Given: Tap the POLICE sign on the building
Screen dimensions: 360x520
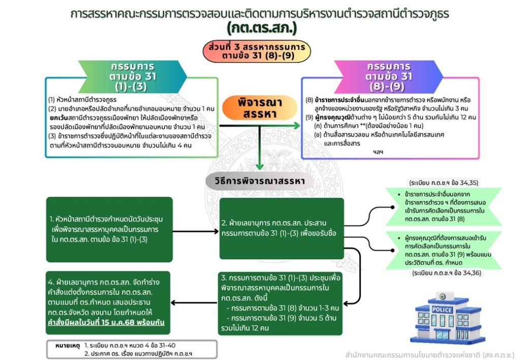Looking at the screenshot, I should pyautogui.click(x=442, y=310).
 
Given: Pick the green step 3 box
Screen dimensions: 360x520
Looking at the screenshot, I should pyautogui.click(x=281, y=303).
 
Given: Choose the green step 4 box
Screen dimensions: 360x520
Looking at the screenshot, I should pyautogui.click(x=108, y=303).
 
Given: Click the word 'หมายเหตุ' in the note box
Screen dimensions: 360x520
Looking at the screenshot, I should pyautogui.click(x=67, y=345).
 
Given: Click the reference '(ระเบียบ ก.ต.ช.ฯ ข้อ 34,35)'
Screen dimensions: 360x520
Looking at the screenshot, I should pyautogui.click(x=443, y=183).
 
